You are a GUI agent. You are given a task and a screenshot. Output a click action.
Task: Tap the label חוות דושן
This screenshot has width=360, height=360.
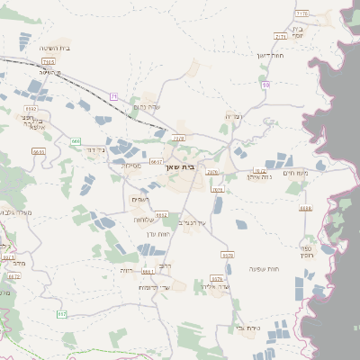270,56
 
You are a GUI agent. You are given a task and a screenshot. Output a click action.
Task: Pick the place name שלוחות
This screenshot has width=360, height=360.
145,220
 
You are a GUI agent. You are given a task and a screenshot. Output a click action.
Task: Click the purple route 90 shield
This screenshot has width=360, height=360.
266,85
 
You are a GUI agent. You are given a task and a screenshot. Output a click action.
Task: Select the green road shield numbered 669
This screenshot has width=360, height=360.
76,141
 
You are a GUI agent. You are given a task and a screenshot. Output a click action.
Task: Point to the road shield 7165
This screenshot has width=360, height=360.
47,61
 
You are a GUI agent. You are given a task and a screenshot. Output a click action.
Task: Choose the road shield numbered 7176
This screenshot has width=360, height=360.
301,14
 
